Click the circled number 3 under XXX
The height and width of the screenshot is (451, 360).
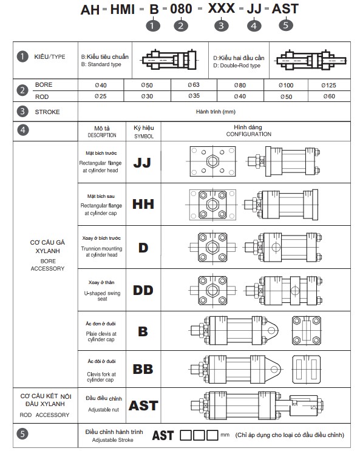coord(222,26)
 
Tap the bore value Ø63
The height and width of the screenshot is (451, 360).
coord(194,85)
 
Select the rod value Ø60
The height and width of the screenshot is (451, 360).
coord(329,97)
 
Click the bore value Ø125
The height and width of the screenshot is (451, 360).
coord(328,86)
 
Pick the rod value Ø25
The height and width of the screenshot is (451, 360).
coord(100,97)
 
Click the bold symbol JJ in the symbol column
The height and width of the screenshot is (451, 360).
coord(142,163)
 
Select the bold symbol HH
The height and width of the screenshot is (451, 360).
coord(143,204)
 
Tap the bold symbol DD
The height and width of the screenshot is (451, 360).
coord(143,290)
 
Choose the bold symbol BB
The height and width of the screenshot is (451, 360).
coord(143,369)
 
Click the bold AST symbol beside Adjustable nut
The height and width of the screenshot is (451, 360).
coord(143,405)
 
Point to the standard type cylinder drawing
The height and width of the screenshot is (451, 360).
coord(169,60)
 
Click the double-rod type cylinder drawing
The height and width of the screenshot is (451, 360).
coord(311,60)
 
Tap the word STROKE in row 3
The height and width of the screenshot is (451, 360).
coord(47,112)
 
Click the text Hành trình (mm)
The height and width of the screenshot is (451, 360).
coord(216,112)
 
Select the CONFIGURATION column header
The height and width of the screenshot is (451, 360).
coord(249,134)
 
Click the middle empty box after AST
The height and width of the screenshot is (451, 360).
coord(199,435)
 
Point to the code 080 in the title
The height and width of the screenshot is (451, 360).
coord(181,9)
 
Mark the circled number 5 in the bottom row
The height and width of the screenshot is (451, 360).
coord(22,434)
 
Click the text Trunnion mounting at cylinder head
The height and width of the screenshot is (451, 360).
coord(101,251)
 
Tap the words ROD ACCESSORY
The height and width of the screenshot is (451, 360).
coord(44,415)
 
